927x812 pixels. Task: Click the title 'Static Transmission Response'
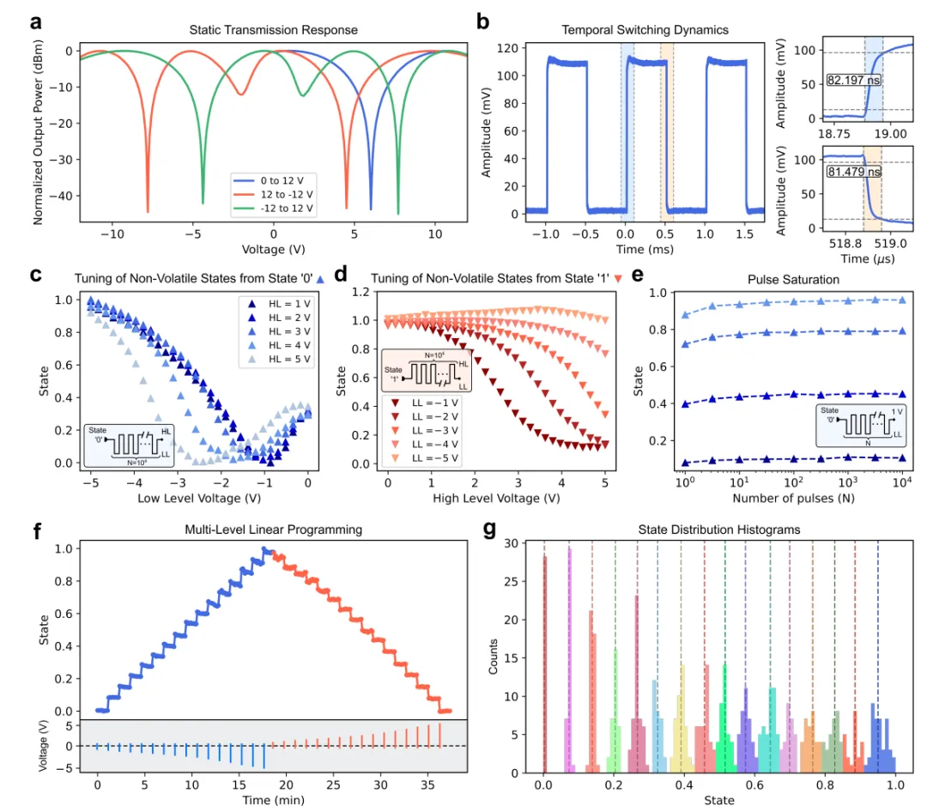[274, 30]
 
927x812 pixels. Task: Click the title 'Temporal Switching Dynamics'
[623, 30]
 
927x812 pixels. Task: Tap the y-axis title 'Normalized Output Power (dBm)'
[39, 135]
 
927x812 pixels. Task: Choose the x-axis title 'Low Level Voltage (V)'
[199, 497]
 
